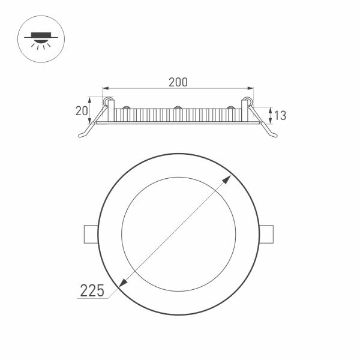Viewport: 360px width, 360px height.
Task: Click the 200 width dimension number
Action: click(178, 82)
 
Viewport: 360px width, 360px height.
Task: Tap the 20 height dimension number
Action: click(82, 110)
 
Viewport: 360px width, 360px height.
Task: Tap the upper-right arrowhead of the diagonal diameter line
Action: click(230, 178)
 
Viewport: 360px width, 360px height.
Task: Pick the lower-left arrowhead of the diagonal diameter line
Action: click(124, 281)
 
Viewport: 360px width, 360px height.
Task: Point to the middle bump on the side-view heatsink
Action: click(178, 108)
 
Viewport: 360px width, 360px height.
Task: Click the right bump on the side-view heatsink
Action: click(230, 108)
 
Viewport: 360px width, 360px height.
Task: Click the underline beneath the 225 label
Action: click(90, 299)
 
